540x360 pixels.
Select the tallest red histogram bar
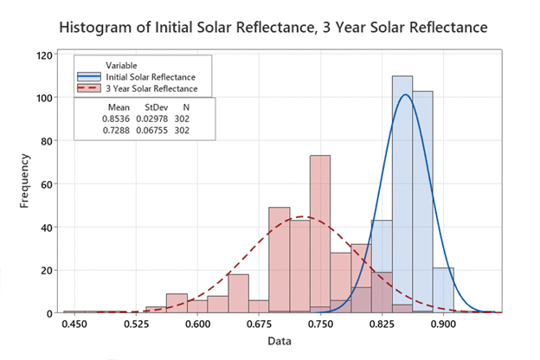click(x=320, y=234)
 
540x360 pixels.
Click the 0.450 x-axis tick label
click(x=75, y=325)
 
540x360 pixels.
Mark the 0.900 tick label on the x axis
click(x=443, y=325)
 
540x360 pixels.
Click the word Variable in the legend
click(x=121, y=66)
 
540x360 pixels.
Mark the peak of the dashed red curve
click(x=300, y=216)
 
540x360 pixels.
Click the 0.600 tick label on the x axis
click(x=198, y=325)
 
